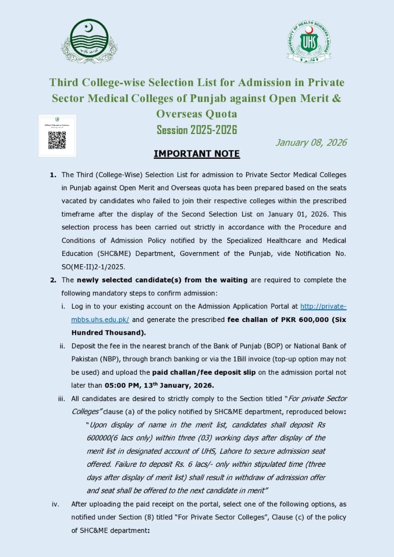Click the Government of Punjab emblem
89,41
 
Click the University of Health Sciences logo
309,42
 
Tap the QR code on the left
57,140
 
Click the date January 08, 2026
311,142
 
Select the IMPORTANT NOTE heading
197,154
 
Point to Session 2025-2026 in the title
197,130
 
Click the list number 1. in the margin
53,175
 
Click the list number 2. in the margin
53,280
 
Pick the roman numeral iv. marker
55,504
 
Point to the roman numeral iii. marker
62,399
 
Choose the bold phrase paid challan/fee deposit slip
204,372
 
